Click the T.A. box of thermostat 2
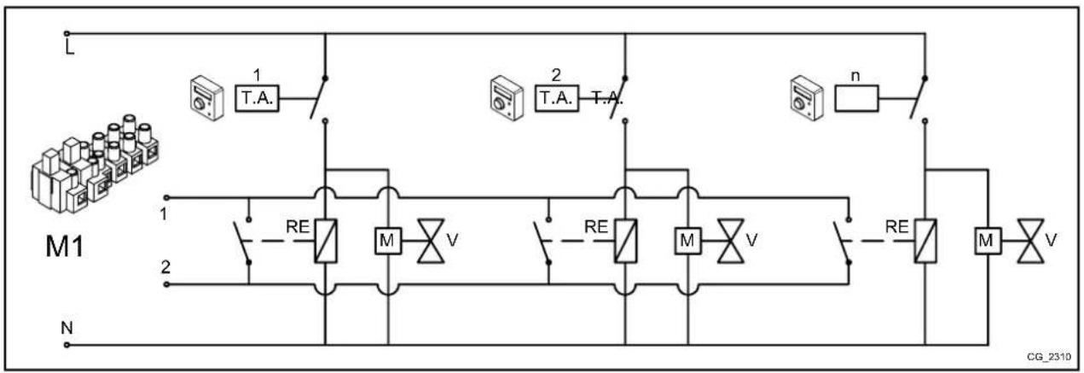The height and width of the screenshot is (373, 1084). [x=555, y=100]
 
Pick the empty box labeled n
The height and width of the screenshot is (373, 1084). [x=856, y=100]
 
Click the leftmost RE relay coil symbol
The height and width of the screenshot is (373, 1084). [x=325, y=240]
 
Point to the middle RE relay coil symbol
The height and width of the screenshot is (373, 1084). [x=623, y=240]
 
